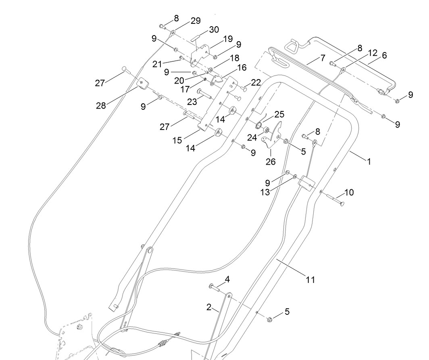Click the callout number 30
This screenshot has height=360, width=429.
(x=214, y=29)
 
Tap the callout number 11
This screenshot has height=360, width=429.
(x=310, y=279)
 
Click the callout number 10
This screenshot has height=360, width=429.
(x=349, y=193)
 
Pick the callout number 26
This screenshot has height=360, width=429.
(x=271, y=161)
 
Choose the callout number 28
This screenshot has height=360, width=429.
(x=101, y=105)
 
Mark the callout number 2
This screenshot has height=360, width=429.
(x=209, y=307)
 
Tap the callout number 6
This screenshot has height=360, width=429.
(x=384, y=55)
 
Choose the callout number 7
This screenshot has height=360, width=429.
(x=323, y=58)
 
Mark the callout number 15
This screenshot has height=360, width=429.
(x=177, y=140)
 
